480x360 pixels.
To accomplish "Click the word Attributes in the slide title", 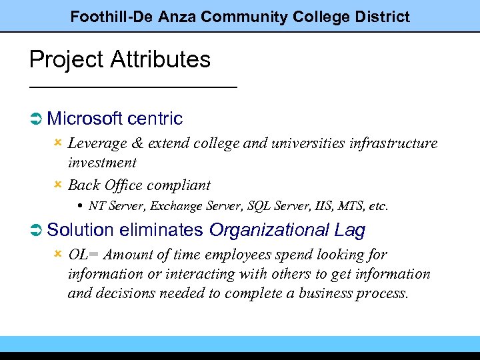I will pos(161,60).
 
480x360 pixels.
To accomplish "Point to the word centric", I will pos(155,119).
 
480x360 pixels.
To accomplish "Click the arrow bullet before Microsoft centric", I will pos(37,119).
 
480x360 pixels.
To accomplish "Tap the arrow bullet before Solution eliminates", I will pos(37,231).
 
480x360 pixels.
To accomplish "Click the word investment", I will pos(102,163).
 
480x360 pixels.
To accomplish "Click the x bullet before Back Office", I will pos(58,184).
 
